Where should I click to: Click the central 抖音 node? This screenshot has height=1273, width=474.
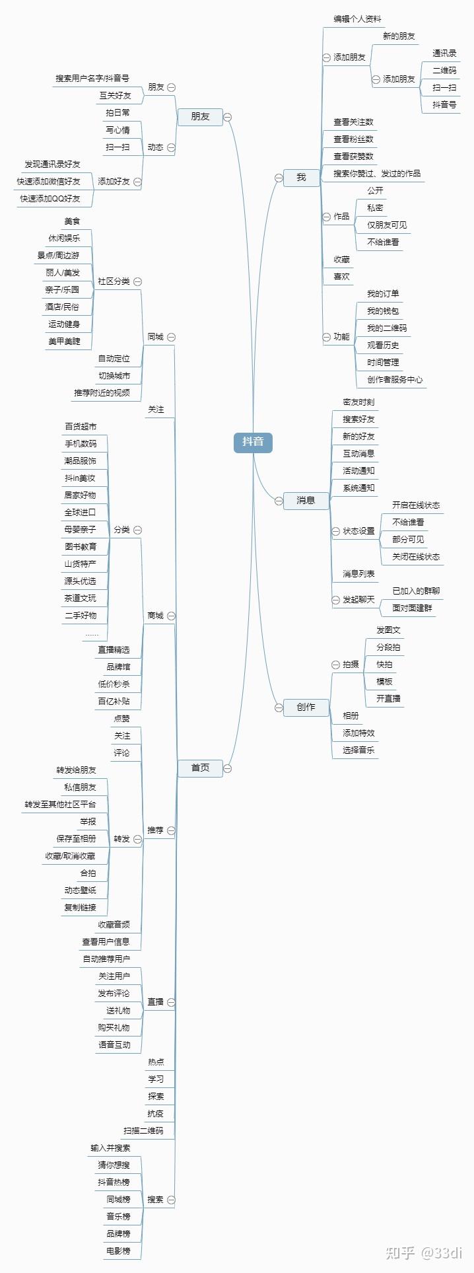pyautogui.click(x=253, y=442)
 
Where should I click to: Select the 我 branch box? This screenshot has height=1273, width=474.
pyautogui.click(x=301, y=177)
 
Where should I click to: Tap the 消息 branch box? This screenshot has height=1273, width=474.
pyautogui.click(x=305, y=500)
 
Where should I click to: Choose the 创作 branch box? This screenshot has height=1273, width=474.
pyautogui.click(x=305, y=707)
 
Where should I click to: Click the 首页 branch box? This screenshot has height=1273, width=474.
pyautogui.click(x=200, y=768)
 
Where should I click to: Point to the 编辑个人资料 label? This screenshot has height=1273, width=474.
pyautogui.click(x=357, y=19)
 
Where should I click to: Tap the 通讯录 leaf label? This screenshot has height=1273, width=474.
pyautogui.click(x=444, y=54)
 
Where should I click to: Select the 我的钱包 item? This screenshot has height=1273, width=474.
pyautogui.click(x=383, y=311)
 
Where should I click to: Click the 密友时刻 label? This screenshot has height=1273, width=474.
pyautogui.click(x=358, y=402)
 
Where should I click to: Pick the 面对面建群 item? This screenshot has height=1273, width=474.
pyautogui.click(x=412, y=608)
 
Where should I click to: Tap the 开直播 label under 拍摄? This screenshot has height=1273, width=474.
pyautogui.click(x=388, y=699)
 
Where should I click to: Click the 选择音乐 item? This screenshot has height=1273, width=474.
pyautogui.click(x=358, y=750)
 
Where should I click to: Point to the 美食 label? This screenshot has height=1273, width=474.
pyautogui.click(x=72, y=221)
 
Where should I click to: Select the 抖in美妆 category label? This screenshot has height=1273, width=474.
pyautogui.click(x=80, y=478)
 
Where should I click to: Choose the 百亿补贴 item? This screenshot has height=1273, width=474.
pyautogui.click(x=114, y=702)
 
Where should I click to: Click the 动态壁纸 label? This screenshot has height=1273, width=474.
pyautogui.click(x=80, y=891)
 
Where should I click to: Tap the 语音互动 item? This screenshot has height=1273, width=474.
pyautogui.click(x=114, y=1045)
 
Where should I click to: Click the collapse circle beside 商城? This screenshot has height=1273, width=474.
pyautogui.click(x=172, y=616)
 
